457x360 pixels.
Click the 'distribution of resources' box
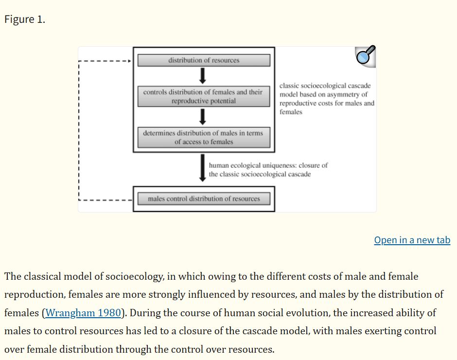point(204,60)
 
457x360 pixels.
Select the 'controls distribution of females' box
point(204,96)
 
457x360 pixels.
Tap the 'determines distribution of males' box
point(204,137)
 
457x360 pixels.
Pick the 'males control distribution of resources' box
point(204,198)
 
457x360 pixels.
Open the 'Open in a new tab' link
point(412,240)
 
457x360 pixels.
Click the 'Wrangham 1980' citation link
point(83,313)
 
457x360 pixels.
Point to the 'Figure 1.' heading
point(25,19)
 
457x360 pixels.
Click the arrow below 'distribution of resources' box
point(203,76)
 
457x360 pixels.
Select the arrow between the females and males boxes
point(203,117)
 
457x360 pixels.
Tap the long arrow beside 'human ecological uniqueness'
point(203,168)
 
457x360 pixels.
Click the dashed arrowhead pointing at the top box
point(129,61)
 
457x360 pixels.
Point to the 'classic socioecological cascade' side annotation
point(327,99)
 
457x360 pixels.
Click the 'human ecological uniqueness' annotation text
point(268,169)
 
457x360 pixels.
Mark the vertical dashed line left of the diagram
point(79,130)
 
